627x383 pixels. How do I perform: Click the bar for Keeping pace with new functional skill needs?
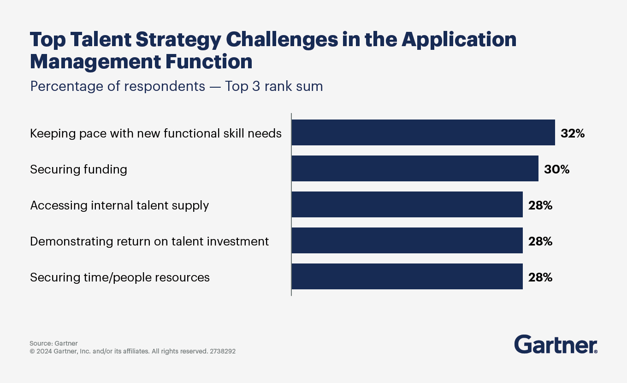[423, 132]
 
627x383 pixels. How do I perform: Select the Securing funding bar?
[414, 168]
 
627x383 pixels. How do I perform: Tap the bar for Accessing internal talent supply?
[407, 204]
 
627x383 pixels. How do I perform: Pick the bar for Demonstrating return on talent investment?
[407, 240]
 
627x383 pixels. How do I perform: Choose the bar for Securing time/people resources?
[407, 276]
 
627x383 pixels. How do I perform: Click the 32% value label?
[572, 133]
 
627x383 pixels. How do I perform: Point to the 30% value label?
[556, 169]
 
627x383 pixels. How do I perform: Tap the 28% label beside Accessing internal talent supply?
[540, 205]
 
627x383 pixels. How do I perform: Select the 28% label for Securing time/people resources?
[540, 277]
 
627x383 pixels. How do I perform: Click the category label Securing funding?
[78, 169]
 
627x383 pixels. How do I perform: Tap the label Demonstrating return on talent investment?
[149, 241]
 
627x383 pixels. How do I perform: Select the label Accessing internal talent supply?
[119, 205]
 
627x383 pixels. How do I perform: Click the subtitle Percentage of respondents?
[117, 86]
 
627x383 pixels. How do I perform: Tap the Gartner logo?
[556, 345]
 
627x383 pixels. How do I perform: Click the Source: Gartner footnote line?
[53, 343]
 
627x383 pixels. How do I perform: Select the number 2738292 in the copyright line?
[223, 351]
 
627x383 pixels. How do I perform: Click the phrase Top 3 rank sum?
[274, 86]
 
